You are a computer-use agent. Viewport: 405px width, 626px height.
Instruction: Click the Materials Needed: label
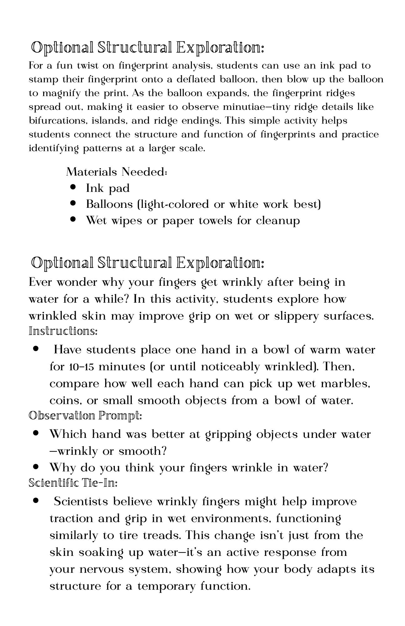pos(116,172)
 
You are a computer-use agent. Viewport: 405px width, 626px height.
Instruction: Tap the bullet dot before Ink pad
pos(73,187)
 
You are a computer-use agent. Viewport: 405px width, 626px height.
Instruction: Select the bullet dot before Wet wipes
pos(73,219)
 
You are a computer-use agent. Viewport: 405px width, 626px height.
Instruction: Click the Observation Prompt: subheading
pos(85,416)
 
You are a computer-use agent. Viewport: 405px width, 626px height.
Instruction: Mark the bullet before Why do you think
pos(36,467)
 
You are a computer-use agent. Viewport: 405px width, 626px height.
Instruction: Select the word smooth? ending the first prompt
pos(142,451)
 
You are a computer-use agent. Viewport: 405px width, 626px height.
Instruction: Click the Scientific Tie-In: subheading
pos(73,483)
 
